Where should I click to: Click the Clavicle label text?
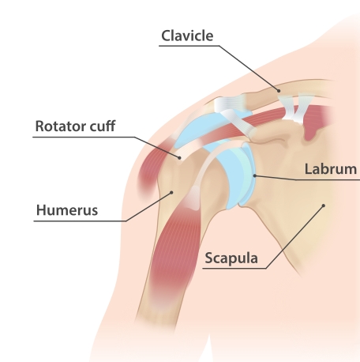[x=187, y=36]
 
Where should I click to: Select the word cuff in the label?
[x=103, y=126]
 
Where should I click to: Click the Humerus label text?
[x=67, y=210]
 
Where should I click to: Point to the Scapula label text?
[x=231, y=258]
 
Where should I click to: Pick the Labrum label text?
[x=331, y=169]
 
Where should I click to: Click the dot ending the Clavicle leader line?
[x=279, y=91]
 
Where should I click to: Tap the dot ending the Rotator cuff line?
[x=179, y=158]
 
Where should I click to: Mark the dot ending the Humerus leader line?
[x=171, y=193]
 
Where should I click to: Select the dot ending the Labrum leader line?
[x=254, y=175]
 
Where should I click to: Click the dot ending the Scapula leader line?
[x=324, y=206]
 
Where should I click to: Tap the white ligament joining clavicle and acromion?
[x=230, y=104]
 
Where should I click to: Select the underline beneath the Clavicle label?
[x=189, y=46]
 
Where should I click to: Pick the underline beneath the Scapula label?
[x=234, y=269]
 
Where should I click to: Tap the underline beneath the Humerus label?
[x=80, y=221]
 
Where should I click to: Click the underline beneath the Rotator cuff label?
[x=84, y=137]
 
